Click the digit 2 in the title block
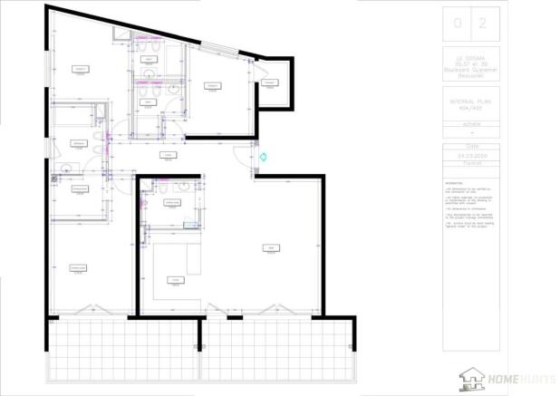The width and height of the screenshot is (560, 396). [482, 24]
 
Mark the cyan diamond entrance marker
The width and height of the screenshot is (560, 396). [263, 157]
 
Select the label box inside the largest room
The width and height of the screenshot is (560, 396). [270, 250]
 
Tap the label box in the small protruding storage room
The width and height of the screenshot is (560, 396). [270, 82]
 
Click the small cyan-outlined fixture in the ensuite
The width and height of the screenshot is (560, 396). [189, 225]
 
